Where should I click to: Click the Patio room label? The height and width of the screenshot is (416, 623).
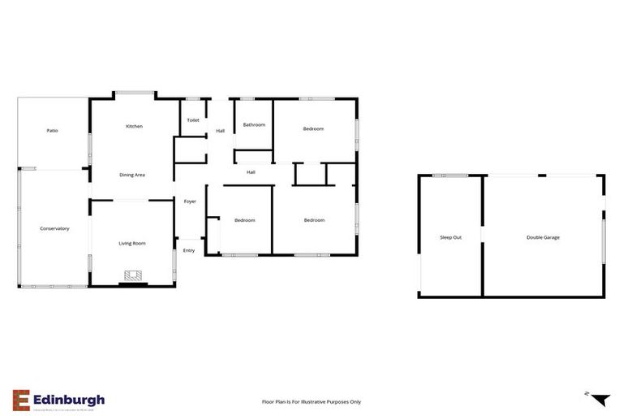pos(52,131)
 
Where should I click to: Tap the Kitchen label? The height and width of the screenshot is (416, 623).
pos(134,127)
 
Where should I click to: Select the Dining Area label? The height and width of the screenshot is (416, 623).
pos(132,175)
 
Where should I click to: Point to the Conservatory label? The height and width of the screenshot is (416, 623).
pos(54,228)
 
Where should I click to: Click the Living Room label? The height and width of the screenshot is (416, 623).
pos(132,243)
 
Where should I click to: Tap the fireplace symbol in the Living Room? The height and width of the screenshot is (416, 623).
pos(133,277)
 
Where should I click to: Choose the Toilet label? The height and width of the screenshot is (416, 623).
pos(193,120)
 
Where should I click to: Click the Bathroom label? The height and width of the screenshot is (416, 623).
pos(254,125)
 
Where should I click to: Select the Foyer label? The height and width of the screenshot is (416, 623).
pos(190,201)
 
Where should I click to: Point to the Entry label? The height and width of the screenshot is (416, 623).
pos(189,250)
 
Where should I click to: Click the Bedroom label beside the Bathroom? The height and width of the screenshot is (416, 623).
pos(313,129)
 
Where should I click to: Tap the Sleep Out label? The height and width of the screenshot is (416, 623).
pos(451,237)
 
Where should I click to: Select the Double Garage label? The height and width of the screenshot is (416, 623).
pos(543,237)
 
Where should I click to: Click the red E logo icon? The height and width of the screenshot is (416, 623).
pos(21,400)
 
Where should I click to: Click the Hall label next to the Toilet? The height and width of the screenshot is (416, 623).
pos(220,131)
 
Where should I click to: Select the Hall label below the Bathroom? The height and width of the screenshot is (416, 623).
pos(251,172)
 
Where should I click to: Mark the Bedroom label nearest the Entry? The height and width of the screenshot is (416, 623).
pos(245,220)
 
